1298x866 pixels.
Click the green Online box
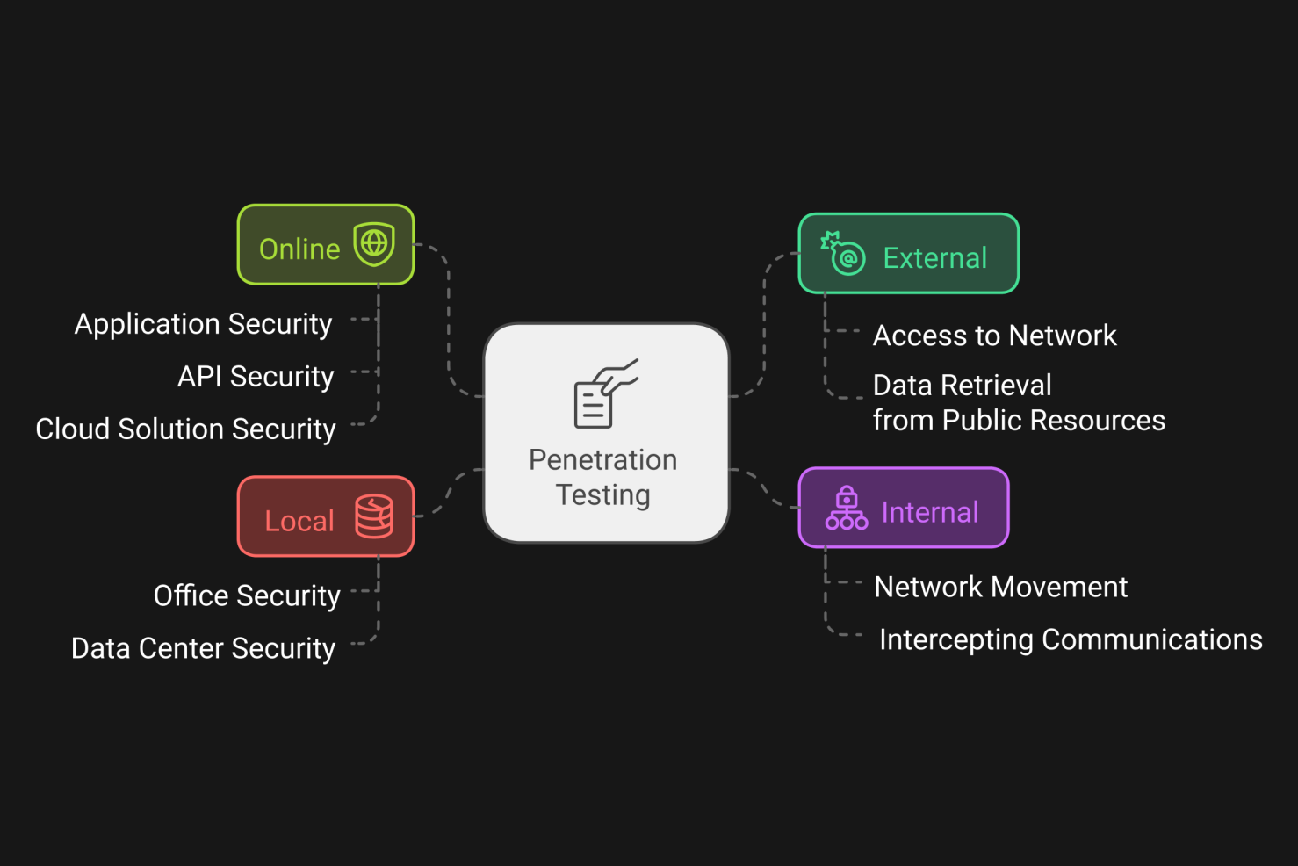pyautogui.click(x=325, y=245)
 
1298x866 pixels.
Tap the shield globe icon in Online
pyautogui.click(x=374, y=243)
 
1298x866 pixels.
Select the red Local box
pyautogui.click(x=325, y=516)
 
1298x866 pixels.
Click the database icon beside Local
pyautogui.click(x=374, y=516)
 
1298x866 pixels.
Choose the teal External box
pyautogui.click(x=908, y=254)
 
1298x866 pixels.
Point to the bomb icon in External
pyautogui.click(x=843, y=253)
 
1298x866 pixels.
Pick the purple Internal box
pyautogui.click(x=903, y=508)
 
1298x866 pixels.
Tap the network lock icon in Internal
pyautogui.click(x=846, y=509)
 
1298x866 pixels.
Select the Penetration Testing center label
pyautogui.click(x=603, y=477)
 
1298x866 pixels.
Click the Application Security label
pyautogui.click(x=203, y=324)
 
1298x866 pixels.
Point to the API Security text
pyautogui.click(x=256, y=377)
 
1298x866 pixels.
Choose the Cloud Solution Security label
pyautogui.click(x=185, y=429)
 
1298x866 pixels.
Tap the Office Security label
pyautogui.click(x=247, y=596)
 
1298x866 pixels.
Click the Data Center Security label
pyautogui.click(x=203, y=649)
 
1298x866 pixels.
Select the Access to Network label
pyautogui.click(x=994, y=336)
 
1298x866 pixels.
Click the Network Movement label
pyautogui.click(x=1000, y=587)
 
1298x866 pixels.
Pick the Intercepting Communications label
pyautogui.click(x=1070, y=640)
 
